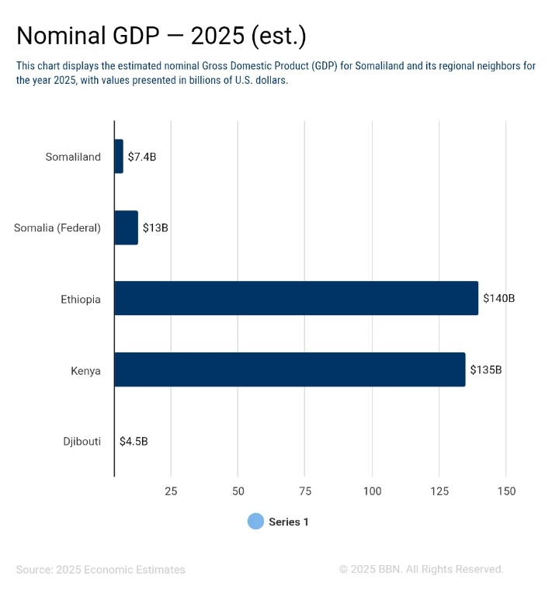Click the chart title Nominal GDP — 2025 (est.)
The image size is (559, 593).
161,36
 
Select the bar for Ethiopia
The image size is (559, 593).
296,298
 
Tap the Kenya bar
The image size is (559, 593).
290,369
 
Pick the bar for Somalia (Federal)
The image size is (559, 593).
126,227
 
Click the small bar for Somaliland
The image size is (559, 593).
119,157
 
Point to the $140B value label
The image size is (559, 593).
498,298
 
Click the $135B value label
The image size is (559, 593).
485,369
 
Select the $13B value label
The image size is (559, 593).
155,228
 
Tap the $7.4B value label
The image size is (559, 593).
142,157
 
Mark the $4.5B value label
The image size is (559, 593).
134,442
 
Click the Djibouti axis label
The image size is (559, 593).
82,442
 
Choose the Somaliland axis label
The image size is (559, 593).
73,157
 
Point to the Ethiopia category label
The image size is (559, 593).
81,299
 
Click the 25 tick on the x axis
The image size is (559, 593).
171,491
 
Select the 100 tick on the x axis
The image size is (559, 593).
372,491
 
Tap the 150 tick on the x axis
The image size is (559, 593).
506,491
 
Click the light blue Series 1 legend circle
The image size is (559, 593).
255,522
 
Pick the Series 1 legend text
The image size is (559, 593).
289,522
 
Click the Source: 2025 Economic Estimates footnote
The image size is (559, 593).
101,570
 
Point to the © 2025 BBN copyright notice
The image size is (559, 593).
421,569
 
